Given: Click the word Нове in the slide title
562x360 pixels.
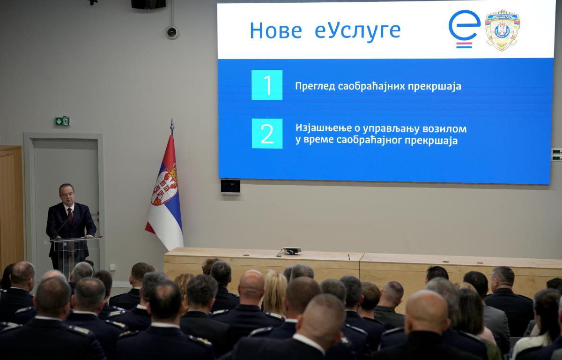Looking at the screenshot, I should (x=275, y=30).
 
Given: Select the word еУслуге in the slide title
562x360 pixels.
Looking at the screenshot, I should (x=357, y=30).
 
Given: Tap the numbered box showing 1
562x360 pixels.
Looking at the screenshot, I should (x=267, y=85).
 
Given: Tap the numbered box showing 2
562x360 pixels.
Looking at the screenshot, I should (x=267, y=134).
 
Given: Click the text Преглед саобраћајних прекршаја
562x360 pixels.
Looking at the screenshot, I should (x=378, y=86).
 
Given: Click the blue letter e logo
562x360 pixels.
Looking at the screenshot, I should (x=464, y=28).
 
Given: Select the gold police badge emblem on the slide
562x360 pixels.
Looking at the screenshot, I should (x=502, y=30).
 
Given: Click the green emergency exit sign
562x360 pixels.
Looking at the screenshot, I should (x=62, y=121).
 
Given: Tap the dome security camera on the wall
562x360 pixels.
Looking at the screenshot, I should (x=172, y=32).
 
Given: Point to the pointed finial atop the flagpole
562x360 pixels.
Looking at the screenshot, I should (x=172, y=126).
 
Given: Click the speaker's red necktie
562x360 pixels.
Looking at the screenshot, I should (x=70, y=215).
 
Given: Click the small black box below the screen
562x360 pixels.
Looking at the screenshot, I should (x=230, y=186).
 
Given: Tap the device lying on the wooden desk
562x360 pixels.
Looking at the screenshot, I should (x=291, y=251).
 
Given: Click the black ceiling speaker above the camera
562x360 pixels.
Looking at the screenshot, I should (x=148, y=4).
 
